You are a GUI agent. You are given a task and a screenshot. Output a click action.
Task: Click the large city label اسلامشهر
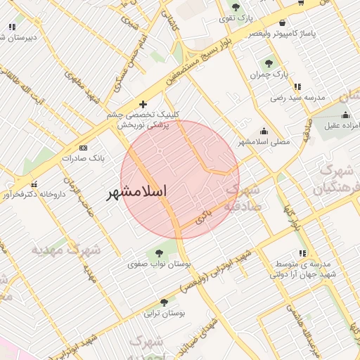click(x=147, y=192)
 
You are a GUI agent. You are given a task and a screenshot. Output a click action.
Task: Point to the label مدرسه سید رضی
click(x=299, y=98)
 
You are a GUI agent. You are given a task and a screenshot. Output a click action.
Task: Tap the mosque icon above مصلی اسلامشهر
click(x=264, y=130)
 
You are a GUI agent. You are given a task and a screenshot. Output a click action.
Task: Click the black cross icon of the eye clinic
click(x=143, y=104)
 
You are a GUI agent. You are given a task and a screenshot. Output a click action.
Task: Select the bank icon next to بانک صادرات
click(x=84, y=148)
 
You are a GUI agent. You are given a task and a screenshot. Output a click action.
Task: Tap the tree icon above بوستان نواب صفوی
click(x=157, y=253)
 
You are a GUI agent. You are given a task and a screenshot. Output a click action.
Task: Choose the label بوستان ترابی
click(x=162, y=314)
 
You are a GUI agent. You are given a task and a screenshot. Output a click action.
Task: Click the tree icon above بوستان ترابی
click(x=164, y=302)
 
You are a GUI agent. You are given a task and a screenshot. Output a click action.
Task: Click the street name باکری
click(x=203, y=217)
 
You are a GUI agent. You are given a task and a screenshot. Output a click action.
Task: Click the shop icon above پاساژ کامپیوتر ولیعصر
click(x=283, y=22)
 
